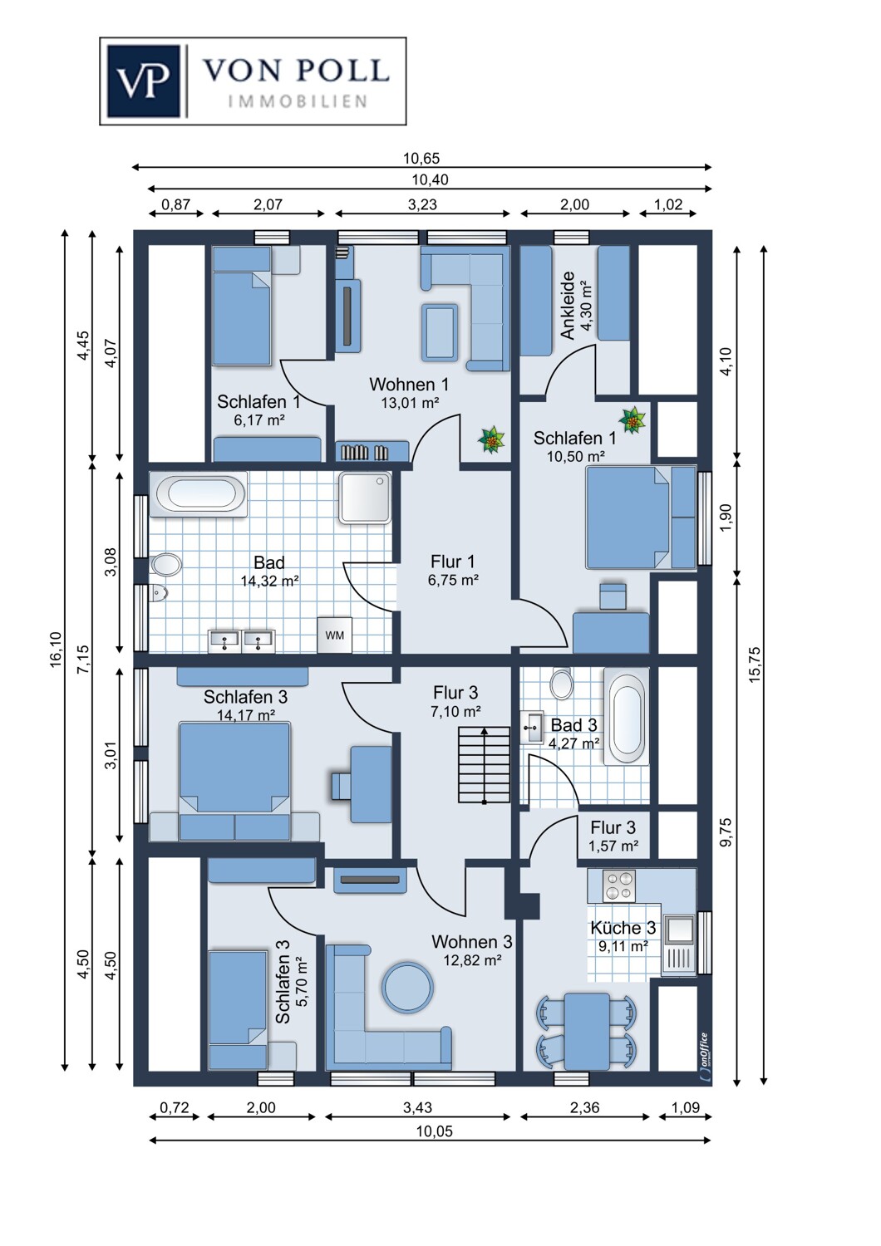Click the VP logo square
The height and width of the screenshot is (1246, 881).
pos(143,81)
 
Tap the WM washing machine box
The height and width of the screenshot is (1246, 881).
pos(335,635)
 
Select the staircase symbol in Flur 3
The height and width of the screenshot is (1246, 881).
pos(484,765)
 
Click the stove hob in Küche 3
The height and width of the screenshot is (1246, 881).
pos(618,885)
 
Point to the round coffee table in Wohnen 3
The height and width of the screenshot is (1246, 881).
pos(407,987)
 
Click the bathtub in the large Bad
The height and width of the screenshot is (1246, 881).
pos(198,493)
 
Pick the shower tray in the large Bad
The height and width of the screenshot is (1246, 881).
pos(365,498)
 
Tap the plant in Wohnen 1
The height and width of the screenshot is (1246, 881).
pos(491,439)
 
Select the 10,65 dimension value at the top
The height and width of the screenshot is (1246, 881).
pos(421,158)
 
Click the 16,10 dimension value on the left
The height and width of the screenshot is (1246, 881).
pos(56,649)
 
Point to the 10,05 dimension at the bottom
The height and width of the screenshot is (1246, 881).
pos(434,1131)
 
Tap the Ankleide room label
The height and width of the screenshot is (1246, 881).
pos(568,305)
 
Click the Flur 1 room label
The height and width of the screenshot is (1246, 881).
pos(453,562)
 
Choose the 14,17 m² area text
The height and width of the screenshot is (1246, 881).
pos(246,715)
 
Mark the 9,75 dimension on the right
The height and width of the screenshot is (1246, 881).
pos(726,832)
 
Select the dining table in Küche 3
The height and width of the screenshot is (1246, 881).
pos(587,1030)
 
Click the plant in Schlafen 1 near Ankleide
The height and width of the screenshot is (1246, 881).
pos(633,420)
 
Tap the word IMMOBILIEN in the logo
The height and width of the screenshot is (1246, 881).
pos(298,101)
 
